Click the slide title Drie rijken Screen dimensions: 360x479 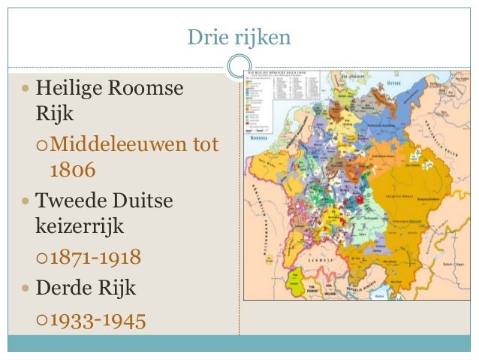(239, 35)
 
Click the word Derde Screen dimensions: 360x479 (67, 289)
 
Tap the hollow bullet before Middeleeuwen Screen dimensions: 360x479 (42, 145)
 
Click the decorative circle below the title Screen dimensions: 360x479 (239, 65)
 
